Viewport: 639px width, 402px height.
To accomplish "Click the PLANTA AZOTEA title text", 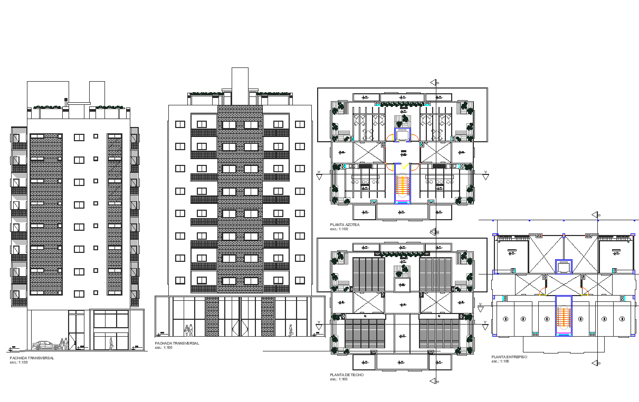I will pyautogui.click(x=345, y=225).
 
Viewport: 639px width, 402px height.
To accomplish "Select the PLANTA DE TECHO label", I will pyautogui.click(x=347, y=375).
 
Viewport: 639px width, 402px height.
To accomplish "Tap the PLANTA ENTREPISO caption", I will pyautogui.click(x=509, y=357).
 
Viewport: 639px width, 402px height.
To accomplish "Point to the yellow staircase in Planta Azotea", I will pyautogui.click(x=403, y=184).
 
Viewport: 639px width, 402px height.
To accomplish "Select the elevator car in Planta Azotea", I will pyautogui.click(x=403, y=135).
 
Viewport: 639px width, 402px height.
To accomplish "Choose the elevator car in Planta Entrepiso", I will pyautogui.click(x=564, y=267).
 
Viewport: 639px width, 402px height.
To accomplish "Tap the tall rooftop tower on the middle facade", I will pyautogui.click(x=240, y=86).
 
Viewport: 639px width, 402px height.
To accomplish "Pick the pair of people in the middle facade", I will pyautogui.click(x=188, y=330).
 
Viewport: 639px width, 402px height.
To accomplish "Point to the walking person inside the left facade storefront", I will pyautogui.click(x=111, y=344).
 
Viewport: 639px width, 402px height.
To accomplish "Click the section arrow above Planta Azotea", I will pyautogui.click(x=435, y=82).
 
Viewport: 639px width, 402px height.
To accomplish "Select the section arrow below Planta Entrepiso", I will pyautogui.click(x=596, y=362).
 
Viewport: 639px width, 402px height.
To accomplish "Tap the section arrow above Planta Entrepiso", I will pyautogui.click(x=596, y=214).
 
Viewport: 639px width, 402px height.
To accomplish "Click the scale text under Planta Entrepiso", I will pyautogui.click(x=500, y=361).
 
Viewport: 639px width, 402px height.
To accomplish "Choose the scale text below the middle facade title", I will pyautogui.click(x=164, y=348).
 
